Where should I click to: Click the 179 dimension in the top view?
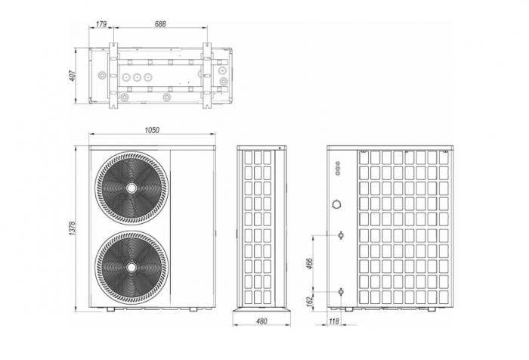(x=101, y=24)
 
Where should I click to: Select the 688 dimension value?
(x=159, y=24)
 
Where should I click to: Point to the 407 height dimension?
(x=73, y=76)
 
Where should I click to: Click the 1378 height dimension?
(x=73, y=227)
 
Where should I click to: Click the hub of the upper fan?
(x=132, y=188)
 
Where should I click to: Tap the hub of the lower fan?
(x=132, y=266)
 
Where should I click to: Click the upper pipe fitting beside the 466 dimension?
(x=342, y=235)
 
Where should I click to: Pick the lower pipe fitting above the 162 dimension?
(x=342, y=290)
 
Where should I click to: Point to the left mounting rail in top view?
(x=113, y=76)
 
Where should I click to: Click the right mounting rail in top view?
(x=206, y=76)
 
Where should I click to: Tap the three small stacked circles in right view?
(x=337, y=168)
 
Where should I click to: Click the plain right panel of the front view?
(x=193, y=227)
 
